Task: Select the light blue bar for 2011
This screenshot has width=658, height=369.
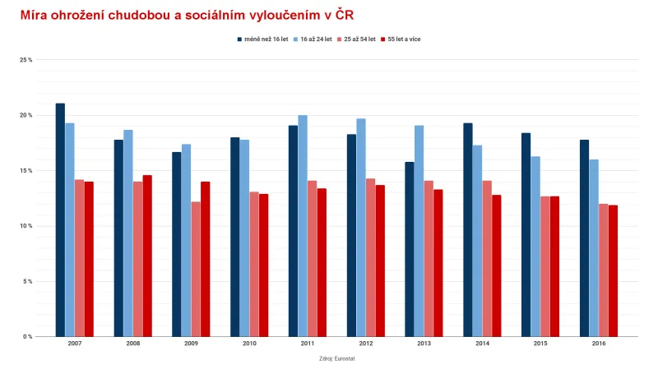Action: pos(303,225)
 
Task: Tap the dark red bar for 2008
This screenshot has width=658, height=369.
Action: pos(147,256)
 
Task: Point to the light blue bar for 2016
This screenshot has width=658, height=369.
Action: pos(594,247)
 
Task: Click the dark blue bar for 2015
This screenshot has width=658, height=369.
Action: pos(526,234)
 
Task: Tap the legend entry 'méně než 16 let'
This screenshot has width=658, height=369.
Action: pos(265,39)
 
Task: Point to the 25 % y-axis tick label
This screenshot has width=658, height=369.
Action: pos(26,60)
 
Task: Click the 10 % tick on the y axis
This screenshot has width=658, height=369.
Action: pos(26,226)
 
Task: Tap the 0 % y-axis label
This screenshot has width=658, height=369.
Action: pos(27,337)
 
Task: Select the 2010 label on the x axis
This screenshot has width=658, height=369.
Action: pos(249,344)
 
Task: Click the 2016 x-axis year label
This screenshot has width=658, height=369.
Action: pos(598,344)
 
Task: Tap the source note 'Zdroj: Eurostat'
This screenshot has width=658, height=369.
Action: pos(336,358)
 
